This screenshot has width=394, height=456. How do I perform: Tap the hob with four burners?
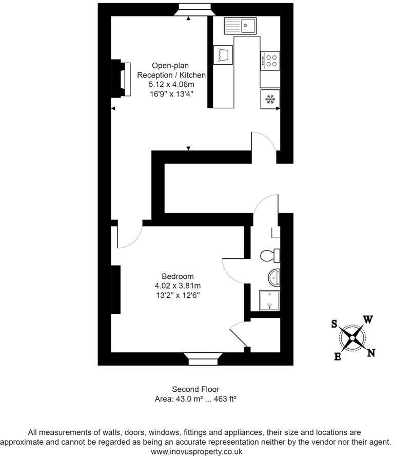pos(270,62)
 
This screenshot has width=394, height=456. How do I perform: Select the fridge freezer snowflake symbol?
pos(270,99)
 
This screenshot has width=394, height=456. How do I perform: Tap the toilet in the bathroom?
pos(270,255)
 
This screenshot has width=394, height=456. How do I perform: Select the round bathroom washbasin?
pos(274,278)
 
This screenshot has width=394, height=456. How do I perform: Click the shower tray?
pos(270,301)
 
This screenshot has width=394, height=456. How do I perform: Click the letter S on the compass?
pos(334,324)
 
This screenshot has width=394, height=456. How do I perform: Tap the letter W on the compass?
pos(367,319)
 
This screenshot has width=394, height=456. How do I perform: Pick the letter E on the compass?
pos(338,357)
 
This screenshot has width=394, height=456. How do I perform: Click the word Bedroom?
pos(178,276)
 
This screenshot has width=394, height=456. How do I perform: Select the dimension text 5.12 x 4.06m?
pos(171,84)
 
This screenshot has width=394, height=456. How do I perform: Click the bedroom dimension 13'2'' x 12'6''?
pos(178,295)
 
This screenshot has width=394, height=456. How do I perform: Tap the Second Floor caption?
pos(195,389)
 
